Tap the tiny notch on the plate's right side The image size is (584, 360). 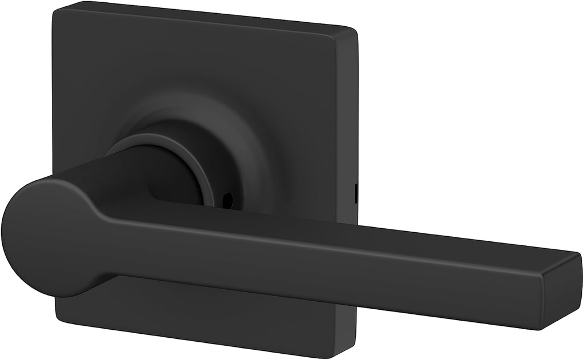[356, 193]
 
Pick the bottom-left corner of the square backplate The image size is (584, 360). [57, 317]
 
